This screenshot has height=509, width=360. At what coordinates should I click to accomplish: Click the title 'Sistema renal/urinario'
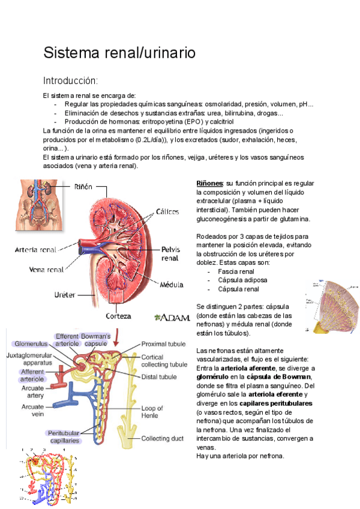119,53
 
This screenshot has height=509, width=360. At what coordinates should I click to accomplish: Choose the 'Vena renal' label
37,270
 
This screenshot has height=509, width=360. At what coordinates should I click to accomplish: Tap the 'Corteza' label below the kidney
119,316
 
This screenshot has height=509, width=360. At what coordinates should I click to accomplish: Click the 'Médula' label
171,285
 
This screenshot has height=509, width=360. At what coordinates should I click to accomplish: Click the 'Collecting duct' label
162,438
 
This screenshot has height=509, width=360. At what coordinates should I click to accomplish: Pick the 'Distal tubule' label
159,376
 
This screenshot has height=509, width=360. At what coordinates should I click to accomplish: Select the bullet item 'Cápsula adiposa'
242,280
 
